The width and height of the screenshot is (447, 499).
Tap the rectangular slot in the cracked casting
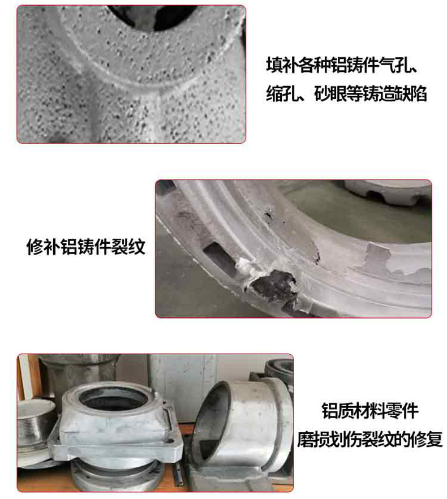(219, 259)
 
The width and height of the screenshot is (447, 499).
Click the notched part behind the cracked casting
(388, 192)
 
